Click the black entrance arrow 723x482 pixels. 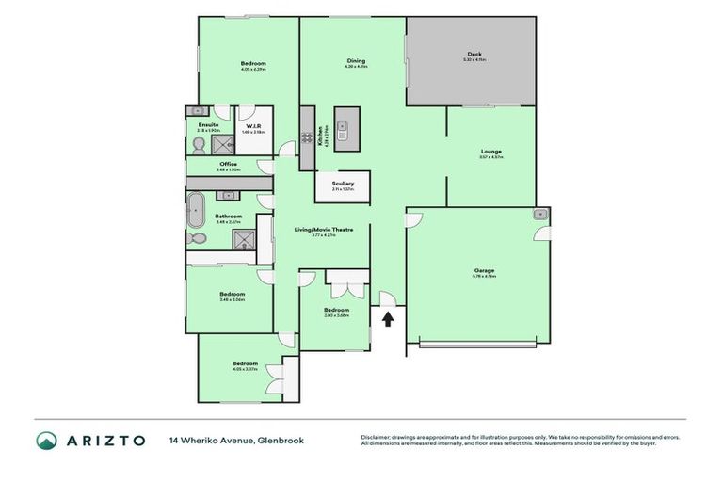coord(387,319)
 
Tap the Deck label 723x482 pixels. coord(474,55)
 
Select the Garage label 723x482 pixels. coord(484,271)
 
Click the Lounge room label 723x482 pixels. coord(490,152)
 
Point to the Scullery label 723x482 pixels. coord(342,185)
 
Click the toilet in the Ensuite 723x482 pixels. coord(198,144)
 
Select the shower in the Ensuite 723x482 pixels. coord(222,144)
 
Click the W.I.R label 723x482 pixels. coord(253,125)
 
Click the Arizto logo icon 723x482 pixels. coord(46,441)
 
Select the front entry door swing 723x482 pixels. coord(386,299)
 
